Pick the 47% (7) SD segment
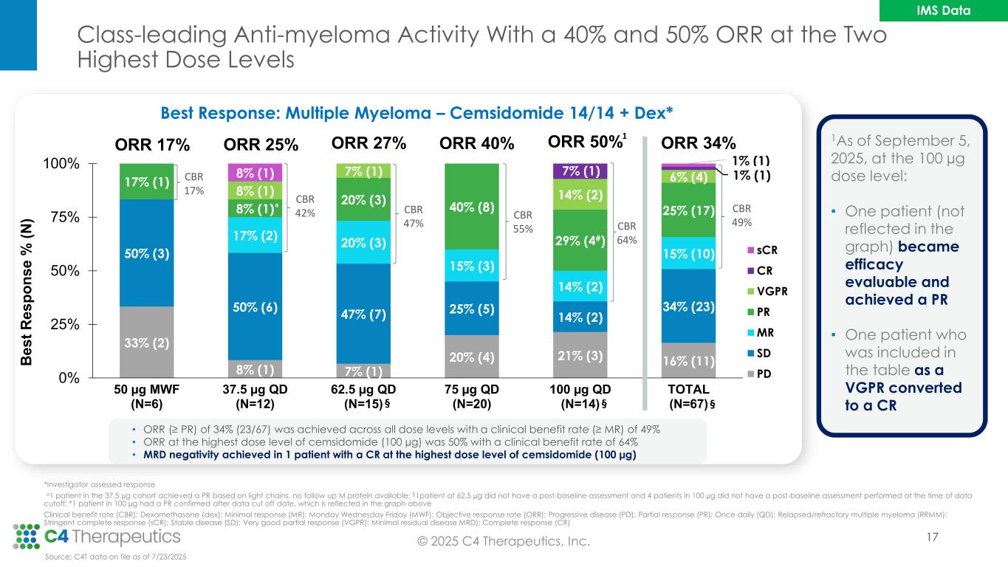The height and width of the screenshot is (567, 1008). click(363, 315)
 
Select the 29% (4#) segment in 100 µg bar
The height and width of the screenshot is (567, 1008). click(580, 239)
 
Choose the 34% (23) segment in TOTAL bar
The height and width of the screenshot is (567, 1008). click(688, 306)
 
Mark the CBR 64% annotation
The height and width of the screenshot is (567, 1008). click(626, 232)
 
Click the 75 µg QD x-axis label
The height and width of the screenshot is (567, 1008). click(472, 396)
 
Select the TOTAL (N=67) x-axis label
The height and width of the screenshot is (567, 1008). click(688, 396)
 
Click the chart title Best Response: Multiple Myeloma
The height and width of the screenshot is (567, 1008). click(416, 113)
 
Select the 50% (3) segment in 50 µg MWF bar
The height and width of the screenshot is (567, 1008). click(146, 253)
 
